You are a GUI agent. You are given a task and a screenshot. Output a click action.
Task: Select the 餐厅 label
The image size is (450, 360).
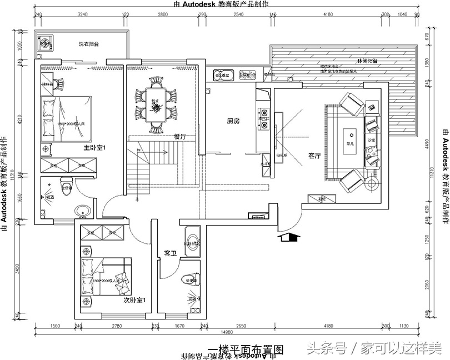179,136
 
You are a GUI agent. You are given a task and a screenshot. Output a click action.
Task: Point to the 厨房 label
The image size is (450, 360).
233,121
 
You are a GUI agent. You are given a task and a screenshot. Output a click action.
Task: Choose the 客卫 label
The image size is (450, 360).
170,254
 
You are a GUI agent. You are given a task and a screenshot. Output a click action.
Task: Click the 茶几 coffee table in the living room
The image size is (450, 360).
351,137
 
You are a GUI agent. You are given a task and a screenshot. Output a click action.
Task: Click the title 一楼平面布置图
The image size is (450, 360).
245,349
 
